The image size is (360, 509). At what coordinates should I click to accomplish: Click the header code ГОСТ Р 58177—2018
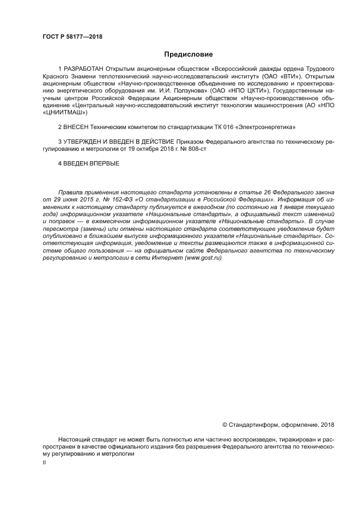(x=72, y=36)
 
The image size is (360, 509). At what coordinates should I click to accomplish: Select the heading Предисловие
(x=188, y=54)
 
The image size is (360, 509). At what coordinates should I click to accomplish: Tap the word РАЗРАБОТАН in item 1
(x=83, y=70)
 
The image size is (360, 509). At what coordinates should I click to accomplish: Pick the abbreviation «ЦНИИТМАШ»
(x=64, y=113)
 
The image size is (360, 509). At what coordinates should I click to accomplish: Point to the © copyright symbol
(x=225, y=425)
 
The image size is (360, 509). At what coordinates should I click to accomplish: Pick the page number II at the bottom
(x=44, y=462)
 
